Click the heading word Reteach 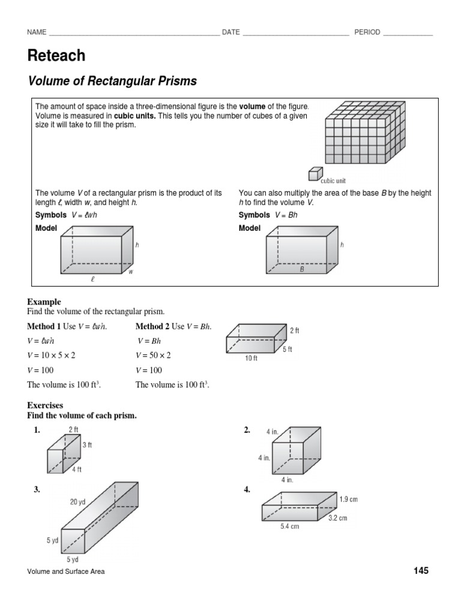(x=56, y=56)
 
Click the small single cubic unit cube (x=314, y=174)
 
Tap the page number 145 (x=421, y=571)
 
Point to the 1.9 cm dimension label (x=348, y=499)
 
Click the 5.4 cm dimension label (x=289, y=527)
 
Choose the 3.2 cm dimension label (x=337, y=518)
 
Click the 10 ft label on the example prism (x=251, y=359)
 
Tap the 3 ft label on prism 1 (x=86, y=445)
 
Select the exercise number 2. (x=247, y=430)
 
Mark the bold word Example (x=44, y=302)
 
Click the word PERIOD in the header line (x=367, y=32)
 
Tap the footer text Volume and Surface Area (x=65, y=571)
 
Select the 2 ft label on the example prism (x=294, y=330)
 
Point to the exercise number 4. (x=247, y=489)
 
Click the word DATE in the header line (x=230, y=32)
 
